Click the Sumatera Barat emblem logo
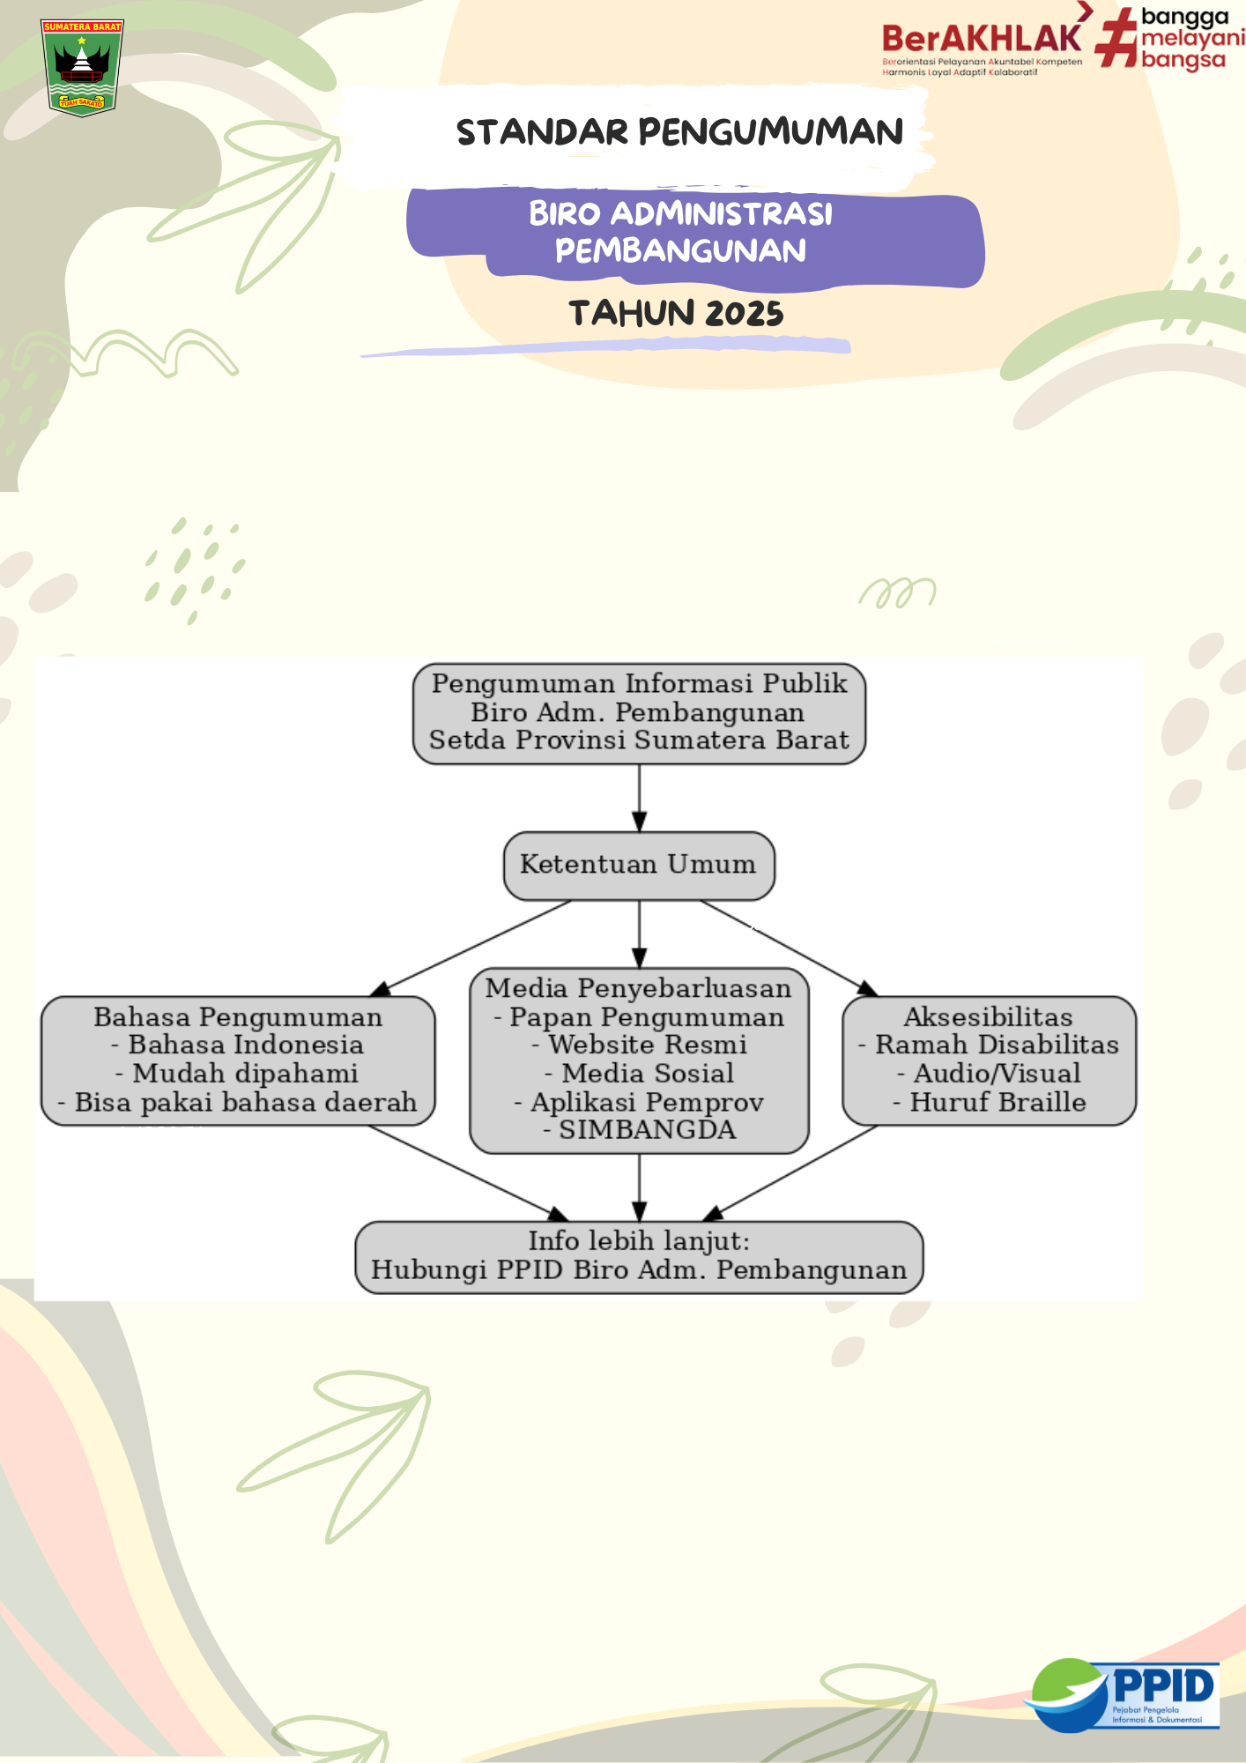pos(82,67)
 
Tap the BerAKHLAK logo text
pos(982,39)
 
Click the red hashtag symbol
pos(1116,38)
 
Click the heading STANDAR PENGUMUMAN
pos(679,132)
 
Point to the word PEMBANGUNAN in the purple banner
pos(680,251)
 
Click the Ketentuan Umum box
pos(639,865)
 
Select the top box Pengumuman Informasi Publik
pos(639,712)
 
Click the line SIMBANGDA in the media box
pos(641,1130)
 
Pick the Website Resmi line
pos(641,1045)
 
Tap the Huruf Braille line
pos(990,1102)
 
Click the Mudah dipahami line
pos(237,1074)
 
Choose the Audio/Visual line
pos(990,1074)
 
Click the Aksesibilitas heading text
pos(989,1017)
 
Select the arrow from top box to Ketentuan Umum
pos(640,798)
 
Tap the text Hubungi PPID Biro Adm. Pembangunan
pos(639,1270)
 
